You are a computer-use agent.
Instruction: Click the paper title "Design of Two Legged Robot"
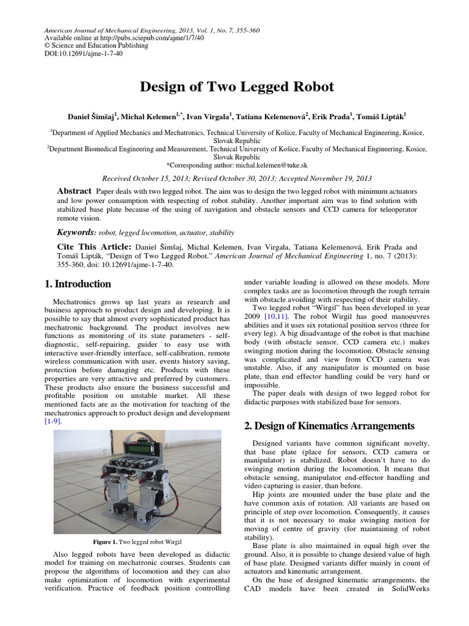click(x=237, y=87)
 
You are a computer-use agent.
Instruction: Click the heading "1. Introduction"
click(x=78, y=284)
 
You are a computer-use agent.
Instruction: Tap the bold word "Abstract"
click(x=73, y=191)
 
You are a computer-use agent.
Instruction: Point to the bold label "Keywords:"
click(x=76, y=232)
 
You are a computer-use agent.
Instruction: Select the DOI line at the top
click(x=76, y=54)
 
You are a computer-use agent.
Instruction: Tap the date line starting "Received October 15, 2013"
click(x=237, y=179)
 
